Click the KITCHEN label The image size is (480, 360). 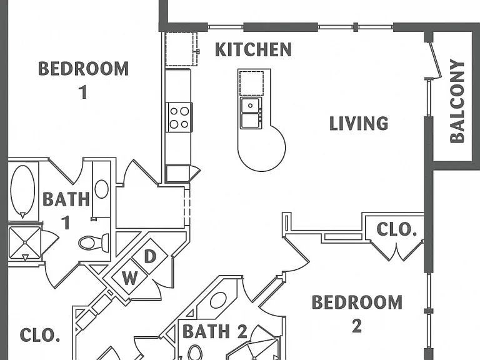coord(253,49)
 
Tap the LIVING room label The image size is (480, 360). coord(359,123)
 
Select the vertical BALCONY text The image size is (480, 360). coord(457,102)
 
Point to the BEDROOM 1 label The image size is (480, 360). coord(83,79)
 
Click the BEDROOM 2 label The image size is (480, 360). coord(357,314)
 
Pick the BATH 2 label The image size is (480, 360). coord(214,331)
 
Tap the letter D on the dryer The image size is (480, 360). coord(150,256)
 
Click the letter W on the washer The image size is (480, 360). coord(130,278)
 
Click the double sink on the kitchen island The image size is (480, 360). coord(251,113)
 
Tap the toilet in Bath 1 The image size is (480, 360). coord(94,242)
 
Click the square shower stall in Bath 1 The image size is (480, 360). coord(25,242)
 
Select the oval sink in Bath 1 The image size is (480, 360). coord(102,189)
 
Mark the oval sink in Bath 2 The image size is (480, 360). coord(219,300)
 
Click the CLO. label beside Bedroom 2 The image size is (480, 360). coord(396,229)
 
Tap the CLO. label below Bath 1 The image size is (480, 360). coord(40,335)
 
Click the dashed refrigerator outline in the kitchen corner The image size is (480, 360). coord(181,49)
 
